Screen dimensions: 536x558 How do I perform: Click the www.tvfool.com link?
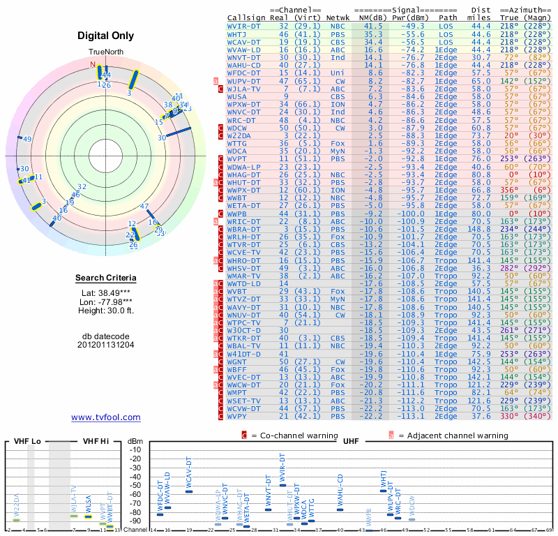pos(105,417)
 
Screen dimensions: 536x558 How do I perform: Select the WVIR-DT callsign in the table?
pos(243,25)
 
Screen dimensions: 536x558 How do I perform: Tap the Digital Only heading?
pos(105,36)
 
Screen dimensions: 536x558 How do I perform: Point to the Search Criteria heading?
pos(105,278)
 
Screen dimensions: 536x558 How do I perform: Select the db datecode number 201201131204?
pos(105,344)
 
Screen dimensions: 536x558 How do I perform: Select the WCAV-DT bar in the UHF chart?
pos(189,491)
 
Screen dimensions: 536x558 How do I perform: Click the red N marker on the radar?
pos(93,64)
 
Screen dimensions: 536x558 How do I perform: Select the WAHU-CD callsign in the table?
pos(243,65)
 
